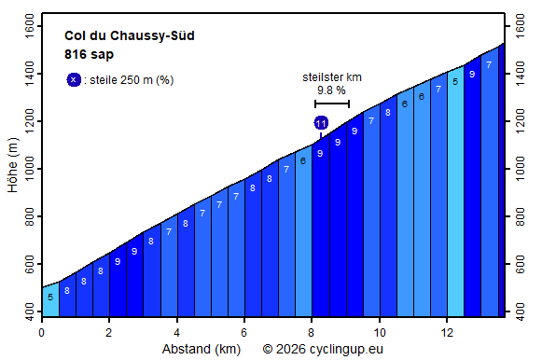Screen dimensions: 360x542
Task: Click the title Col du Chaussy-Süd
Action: point(130,36)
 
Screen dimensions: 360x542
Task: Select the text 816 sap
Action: point(90,54)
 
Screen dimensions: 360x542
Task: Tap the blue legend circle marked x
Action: point(74,79)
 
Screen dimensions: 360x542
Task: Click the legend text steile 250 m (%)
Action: point(131,80)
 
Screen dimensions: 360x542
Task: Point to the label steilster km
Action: point(331,76)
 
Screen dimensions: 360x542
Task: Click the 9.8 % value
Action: point(331,90)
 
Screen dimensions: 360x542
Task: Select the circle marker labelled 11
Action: point(321,123)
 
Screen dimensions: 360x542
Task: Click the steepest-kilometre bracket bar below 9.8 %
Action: point(331,104)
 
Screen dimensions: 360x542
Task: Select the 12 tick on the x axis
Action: point(447,332)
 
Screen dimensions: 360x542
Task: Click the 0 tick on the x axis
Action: point(41,332)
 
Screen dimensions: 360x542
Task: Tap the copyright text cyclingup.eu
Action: point(323,350)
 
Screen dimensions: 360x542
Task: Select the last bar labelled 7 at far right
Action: point(489,187)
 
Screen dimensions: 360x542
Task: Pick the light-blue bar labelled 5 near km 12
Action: point(455,196)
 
